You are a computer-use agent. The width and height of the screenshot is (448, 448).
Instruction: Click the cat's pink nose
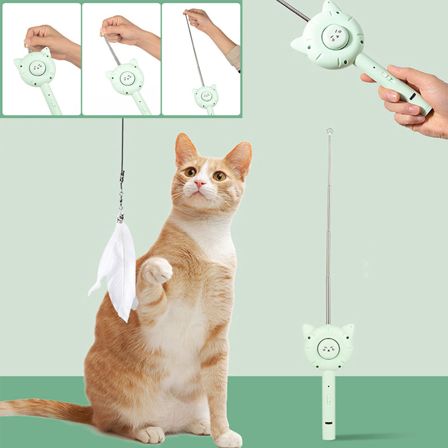pos(200,184)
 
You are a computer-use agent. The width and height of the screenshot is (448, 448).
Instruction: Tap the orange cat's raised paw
pos(156,272)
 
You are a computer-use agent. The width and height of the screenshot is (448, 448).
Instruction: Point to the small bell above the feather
pos(120,217)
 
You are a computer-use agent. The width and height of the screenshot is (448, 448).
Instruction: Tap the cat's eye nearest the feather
pos(190,172)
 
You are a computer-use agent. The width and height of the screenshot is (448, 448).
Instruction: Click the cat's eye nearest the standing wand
pos(220,176)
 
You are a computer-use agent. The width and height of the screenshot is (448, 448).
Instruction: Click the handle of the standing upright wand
pos(328,403)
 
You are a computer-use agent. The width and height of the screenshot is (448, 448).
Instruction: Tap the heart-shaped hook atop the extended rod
pos(330,132)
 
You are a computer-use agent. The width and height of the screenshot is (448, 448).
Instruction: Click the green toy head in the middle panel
pos(128,78)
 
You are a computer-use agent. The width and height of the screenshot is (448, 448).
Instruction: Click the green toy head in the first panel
pos(35,68)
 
